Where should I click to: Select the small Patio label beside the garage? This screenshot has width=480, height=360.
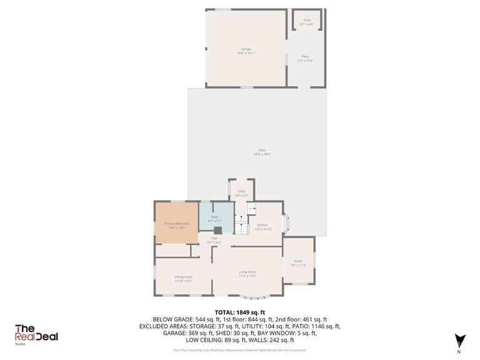(x=306, y=58)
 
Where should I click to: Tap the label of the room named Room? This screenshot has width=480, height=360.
(x=299, y=262)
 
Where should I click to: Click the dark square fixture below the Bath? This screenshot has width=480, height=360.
(x=217, y=230)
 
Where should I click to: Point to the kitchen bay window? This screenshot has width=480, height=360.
(x=286, y=223)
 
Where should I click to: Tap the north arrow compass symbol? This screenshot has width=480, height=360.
(x=460, y=339)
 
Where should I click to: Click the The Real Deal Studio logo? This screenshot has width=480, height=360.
(x=37, y=334)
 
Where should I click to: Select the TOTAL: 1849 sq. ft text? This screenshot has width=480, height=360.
(x=240, y=312)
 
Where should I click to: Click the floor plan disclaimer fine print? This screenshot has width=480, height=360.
(x=240, y=350)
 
